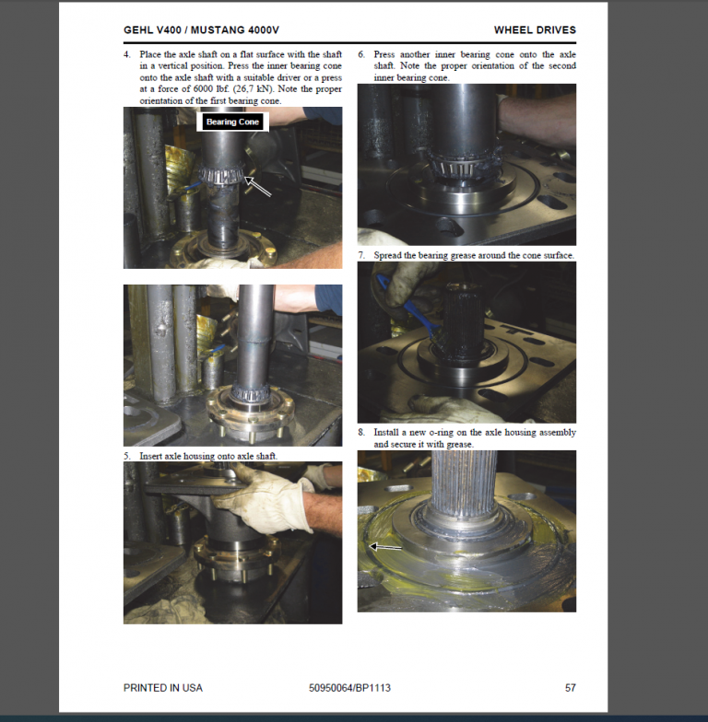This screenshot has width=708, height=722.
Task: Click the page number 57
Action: pyautogui.click(x=570, y=688)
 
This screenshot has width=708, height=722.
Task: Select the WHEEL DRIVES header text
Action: pyautogui.click(x=535, y=30)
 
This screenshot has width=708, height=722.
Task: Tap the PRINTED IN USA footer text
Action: pyautogui.click(x=163, y=688)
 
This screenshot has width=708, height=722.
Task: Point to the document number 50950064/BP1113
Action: pyautogui.click(x=349, y=688)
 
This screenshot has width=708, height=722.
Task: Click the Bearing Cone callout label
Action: pyautogui.click(x=233, y=122)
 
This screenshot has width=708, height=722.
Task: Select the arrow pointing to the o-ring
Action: pyautogui.click(x=386, y=546)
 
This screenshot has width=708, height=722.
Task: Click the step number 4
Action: pyautogui.click(x=127, y=55)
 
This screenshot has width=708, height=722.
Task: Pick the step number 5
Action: pyautogui.click(x=127, y=456)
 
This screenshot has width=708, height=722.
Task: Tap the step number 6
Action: pyautogui.click(x=361, y=55)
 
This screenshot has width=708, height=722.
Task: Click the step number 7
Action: pyautogui.click(x=361, y=255)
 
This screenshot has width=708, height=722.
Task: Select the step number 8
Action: pyautogui.click(x=361, y=432)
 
